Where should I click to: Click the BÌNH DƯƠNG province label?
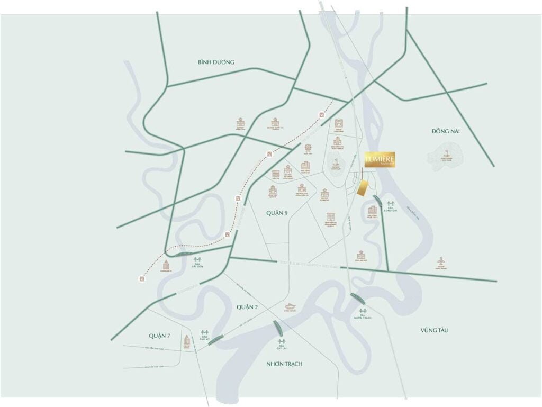(216, 62)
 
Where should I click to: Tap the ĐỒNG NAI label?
(446, 131)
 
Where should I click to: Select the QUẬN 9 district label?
(277, 213)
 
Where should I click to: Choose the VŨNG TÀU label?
(435, 330)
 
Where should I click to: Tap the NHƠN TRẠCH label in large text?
(284, 364)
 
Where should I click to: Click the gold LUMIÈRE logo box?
(380, 159)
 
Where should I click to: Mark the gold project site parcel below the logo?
(364, 187)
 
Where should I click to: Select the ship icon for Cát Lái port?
(290, 306)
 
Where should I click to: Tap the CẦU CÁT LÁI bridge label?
(282, 347)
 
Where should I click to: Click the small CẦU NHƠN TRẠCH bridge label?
(364, 317)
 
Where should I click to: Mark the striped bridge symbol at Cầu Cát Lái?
(278, 329)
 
